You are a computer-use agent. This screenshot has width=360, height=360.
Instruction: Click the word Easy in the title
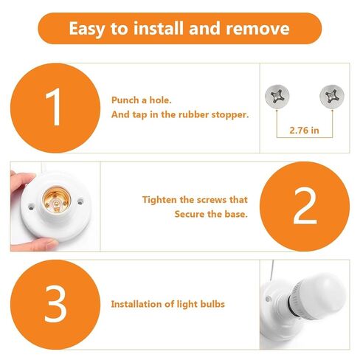pos(87,30)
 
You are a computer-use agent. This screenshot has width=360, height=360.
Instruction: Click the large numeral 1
pos(55,107)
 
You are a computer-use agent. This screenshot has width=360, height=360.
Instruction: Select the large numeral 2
pos(305,206)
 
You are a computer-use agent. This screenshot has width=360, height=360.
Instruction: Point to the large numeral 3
pos(55,304)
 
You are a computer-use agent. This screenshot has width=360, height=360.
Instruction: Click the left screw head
pos(277,96)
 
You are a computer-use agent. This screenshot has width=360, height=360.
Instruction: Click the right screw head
pos(332,96)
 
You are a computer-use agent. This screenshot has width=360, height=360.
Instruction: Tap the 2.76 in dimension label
pos(304,131)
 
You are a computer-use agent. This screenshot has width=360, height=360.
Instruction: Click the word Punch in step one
pos(125,100)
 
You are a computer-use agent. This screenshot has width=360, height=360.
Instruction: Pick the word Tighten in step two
pos(159,200)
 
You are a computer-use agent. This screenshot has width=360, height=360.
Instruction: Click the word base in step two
pos(236,214)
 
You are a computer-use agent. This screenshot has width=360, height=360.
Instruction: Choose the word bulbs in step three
pos(212,304)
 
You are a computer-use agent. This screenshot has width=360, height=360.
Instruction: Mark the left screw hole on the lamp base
pos(31,207)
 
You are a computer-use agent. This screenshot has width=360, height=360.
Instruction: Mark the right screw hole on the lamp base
pos(80,201)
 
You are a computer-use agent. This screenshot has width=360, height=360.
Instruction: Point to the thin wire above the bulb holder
pos(271,271)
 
